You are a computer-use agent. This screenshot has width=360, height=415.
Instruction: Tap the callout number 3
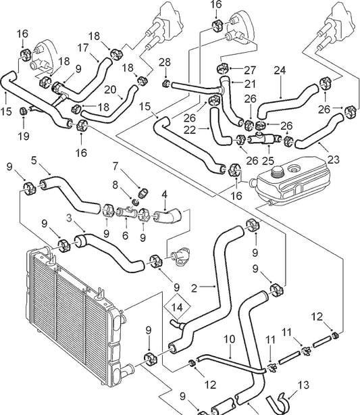(x=69, y=218)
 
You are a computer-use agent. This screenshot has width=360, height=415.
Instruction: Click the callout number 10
(x=228, y=338)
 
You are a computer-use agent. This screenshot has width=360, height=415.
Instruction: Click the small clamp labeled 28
(x=166, y=84)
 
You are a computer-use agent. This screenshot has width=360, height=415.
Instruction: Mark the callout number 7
(x=115, y=166)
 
